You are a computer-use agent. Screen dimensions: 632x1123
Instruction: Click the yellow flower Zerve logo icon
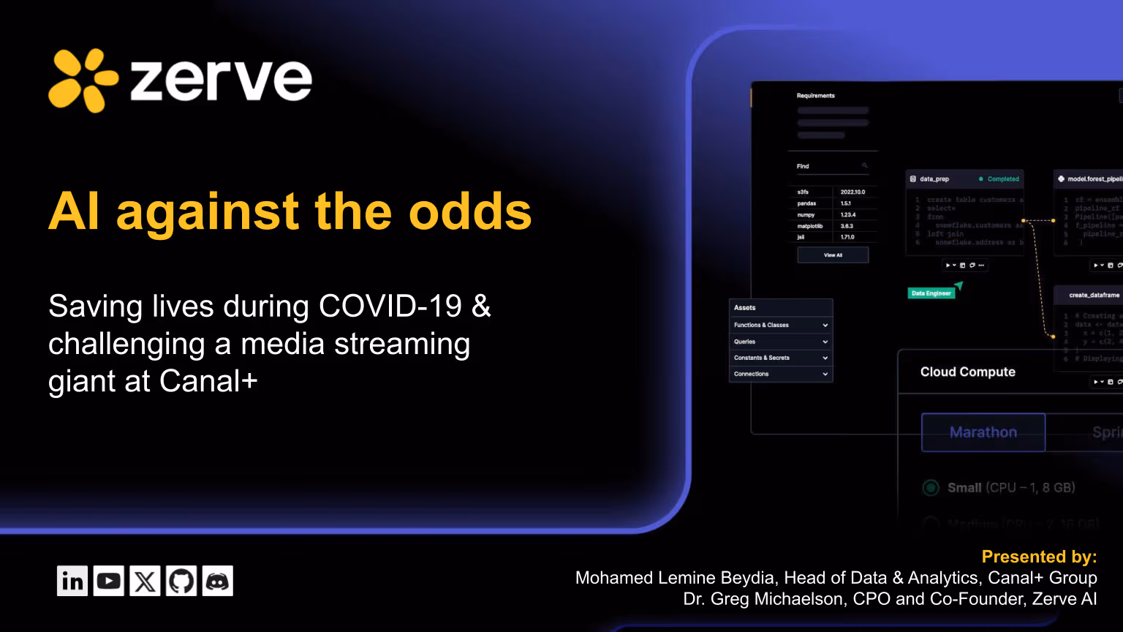pyautogui.click(x=83, y=80)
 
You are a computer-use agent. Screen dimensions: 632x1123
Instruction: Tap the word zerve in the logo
pyautogui.click(x=221, y=80)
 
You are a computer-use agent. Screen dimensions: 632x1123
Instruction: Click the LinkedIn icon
pyautogui.click(x=72, y=581)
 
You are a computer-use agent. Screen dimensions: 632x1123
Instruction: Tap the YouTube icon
pyautogui.click(x=108, y=581)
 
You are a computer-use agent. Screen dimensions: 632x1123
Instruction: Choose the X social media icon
pyautogui.click(x=145, y=581)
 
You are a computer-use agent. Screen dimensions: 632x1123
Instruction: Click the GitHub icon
pyautogui.click(x=181, y=581)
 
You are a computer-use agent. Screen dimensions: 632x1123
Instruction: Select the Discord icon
pyautogui.click(x=218, y=581)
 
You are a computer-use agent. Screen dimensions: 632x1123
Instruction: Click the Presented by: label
pyautogui.click(x=1039, y=557)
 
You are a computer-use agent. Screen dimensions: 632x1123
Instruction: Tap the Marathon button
pyautogui.click(x=983, y=432)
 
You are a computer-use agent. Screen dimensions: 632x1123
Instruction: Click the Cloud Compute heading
pyautogui.click(x=967, y=372)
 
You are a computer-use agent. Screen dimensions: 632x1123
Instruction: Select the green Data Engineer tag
pyautogui.click(x=931, y=293)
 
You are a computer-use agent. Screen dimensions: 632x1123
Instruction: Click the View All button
pyautogui.click(x=833, y=255)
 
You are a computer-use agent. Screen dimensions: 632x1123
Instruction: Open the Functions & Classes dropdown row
pyautogui.click(x=781, y=325)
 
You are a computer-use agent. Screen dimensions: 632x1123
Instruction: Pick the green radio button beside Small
pyautogui.click(x=931, y=488)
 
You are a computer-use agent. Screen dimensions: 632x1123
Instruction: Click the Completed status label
pyautogui.click(x=1002, y=179)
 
